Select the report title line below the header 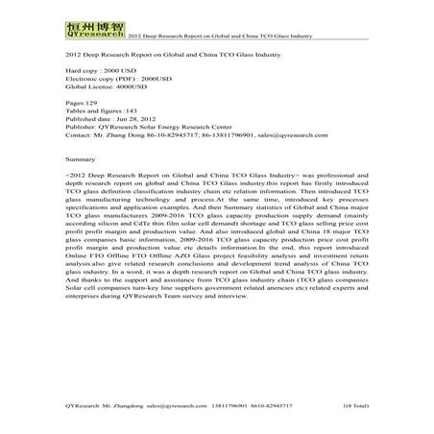pos(158,56)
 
